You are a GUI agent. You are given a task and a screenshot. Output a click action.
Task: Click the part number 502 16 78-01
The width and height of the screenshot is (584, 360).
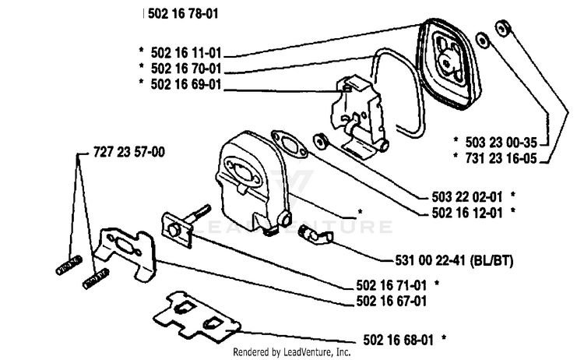click(183, 14)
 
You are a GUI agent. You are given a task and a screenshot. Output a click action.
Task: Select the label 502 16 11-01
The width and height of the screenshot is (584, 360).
click(186, 53)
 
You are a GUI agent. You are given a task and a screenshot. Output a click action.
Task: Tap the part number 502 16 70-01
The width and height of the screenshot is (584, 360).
click(186, 69)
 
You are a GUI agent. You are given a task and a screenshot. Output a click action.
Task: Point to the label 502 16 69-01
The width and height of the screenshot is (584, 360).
click(186, 85)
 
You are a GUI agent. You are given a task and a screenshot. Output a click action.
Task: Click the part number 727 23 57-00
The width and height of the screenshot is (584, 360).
click(128, 152)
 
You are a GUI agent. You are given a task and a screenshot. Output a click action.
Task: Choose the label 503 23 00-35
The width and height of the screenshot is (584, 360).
click(501, 143)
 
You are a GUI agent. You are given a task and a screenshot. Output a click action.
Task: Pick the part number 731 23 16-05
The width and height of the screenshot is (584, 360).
click(501, 158)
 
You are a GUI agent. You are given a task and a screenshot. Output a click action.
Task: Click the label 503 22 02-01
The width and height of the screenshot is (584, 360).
click(467, 197)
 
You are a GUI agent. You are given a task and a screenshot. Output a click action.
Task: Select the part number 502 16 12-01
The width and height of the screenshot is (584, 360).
click(467, 213)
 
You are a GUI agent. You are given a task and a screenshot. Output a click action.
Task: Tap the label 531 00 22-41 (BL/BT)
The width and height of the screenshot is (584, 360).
click(454, 260)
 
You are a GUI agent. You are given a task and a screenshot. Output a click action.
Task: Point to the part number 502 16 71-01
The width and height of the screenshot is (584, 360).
click(392, 285)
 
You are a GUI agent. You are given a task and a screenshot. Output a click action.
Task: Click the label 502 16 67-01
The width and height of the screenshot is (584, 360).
click(392, 301)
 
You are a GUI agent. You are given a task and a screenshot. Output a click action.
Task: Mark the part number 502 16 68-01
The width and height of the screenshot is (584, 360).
click(398, 340)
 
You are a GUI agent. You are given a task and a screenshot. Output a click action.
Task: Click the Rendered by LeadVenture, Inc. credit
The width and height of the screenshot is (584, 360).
click(292, 351)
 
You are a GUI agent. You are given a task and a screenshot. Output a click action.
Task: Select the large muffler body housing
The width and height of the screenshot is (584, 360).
click(252, 182)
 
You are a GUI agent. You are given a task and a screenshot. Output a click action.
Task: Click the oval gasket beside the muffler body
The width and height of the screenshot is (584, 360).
click(290, 144)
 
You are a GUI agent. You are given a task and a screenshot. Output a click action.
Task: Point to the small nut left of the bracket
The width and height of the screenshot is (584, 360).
click(320, 141)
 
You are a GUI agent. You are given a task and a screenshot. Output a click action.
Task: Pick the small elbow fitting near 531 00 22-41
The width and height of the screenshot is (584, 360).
click(316, 235)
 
